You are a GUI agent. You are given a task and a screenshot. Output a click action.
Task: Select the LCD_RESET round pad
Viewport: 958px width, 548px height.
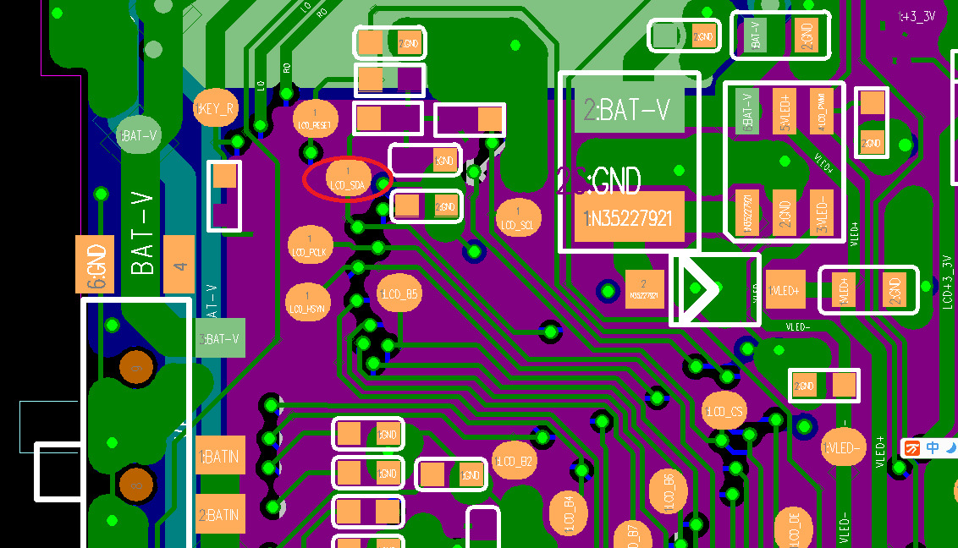point(315,119)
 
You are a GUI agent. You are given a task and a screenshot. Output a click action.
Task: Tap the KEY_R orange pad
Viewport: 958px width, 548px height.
point(216,108)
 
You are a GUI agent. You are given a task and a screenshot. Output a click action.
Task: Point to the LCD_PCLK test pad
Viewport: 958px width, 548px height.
point(311,246)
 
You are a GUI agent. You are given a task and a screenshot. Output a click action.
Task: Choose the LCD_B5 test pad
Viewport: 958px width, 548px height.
point(399,293)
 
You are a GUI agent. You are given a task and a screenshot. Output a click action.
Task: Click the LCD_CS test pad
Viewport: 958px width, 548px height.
point(724,411)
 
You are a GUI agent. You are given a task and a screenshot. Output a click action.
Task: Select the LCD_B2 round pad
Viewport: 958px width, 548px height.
point(515,461)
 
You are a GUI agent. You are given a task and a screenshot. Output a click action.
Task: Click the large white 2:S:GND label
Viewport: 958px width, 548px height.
point(599,180)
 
